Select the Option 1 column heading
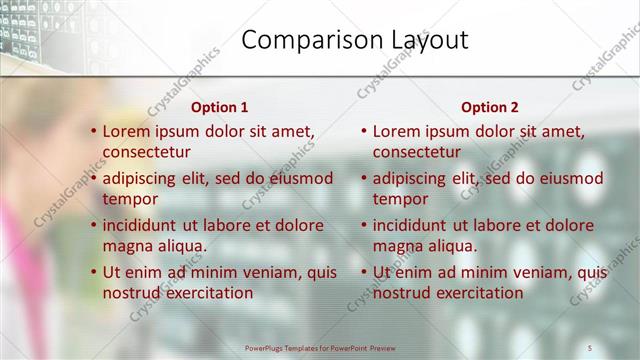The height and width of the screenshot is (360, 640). click(219, 107)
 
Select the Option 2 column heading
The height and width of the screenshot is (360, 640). click(489, 107)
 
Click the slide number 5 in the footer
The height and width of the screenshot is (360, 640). click(590, 347)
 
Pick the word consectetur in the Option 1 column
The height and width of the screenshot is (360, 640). click(147, 152)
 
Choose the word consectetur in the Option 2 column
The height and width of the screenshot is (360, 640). click(417, 152)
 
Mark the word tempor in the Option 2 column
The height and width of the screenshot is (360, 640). click(400, 199)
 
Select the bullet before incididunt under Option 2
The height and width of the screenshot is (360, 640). click(364, 225)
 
